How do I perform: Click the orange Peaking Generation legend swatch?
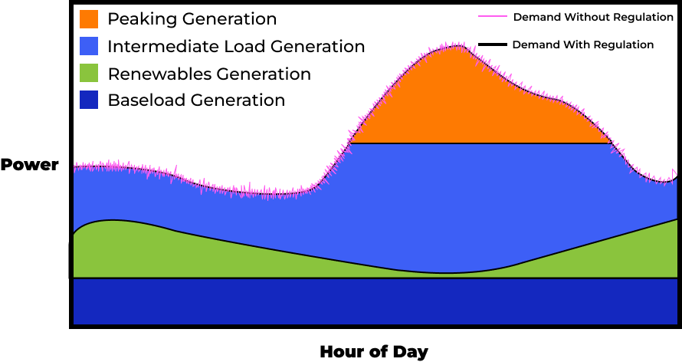89,18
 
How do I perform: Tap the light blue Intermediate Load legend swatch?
89,46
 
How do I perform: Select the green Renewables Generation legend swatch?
89,74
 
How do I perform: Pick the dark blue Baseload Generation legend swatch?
89,100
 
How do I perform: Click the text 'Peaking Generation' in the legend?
192,18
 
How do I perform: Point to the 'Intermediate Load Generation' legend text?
236,46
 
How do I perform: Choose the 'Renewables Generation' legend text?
209,74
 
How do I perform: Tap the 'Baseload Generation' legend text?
196,100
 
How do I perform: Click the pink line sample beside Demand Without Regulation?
493,16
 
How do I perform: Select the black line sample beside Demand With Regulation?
493,44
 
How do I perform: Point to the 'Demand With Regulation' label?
582,44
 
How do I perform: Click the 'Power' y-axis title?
29,165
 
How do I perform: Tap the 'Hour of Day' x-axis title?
373,352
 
